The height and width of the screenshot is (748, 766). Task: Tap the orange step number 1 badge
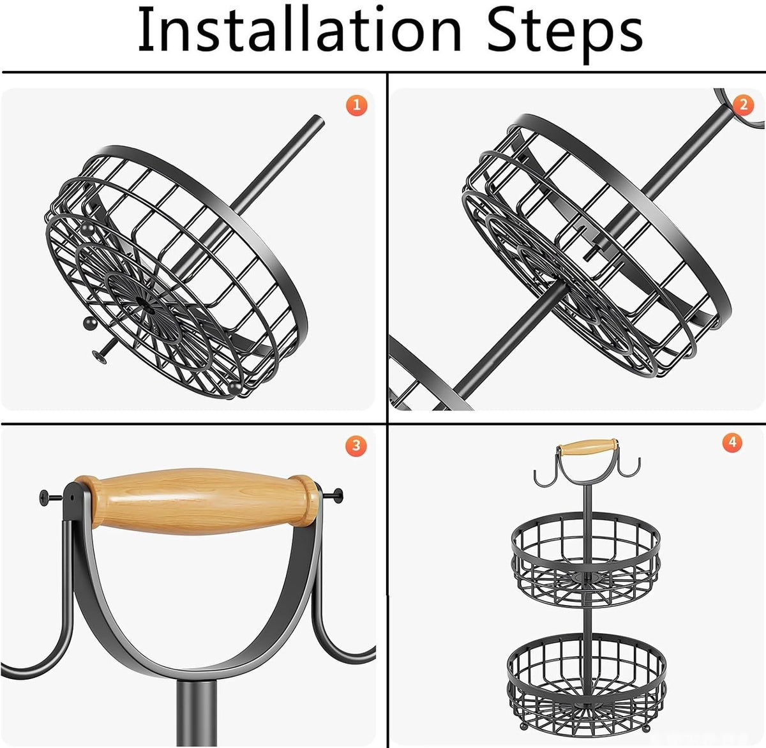[x=357, y=105]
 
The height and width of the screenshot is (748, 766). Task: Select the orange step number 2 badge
[x=743, y=104]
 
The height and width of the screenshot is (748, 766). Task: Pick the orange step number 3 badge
[x=356, y=445]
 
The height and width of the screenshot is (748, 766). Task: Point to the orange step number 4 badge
[x=732, y=442]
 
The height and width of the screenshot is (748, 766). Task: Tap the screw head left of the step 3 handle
[x=45, y=495]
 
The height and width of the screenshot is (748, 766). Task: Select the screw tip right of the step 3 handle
[x=338, y=493]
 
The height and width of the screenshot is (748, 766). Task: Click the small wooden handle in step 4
[x=587, y=446]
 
